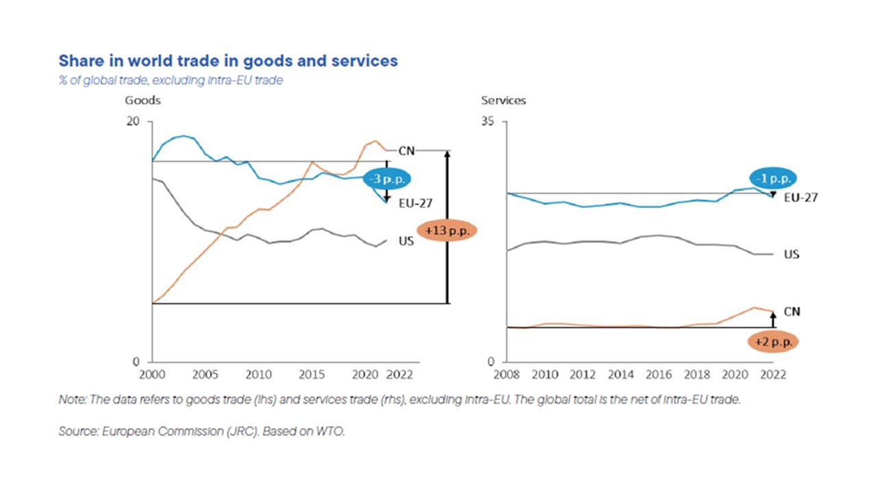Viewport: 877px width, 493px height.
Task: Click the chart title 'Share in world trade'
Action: pyautogui.click(x=227, y=61)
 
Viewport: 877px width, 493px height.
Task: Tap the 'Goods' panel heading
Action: pyautogui.click(x=143, y=100)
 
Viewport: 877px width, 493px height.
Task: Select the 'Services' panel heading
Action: pyautogui.click(x=504, y=100)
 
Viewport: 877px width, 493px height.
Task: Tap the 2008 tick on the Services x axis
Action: pyautogui.click(x=507, y=375)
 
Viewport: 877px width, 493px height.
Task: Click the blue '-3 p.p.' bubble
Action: pyautogui.click(x=388, y=179)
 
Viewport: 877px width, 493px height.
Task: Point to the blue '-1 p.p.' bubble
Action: pyautogui.click(x=772, y=178)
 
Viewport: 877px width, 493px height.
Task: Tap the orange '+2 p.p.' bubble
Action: pyautogui.click(x=772, y=341)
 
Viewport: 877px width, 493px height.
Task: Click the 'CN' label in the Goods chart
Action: pyautogui.click(x=406, y=151)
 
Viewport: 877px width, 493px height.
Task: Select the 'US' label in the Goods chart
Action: pyautogui.click(x=406, y=242)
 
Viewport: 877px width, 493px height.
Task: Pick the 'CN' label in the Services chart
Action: pyautogui.click(x=791, y=312)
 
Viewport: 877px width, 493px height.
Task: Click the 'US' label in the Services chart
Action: pyautogui.click(x=791, y=254)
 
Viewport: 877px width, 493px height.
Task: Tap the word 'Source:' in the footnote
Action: pyautogui.click(x=77, y=431)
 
